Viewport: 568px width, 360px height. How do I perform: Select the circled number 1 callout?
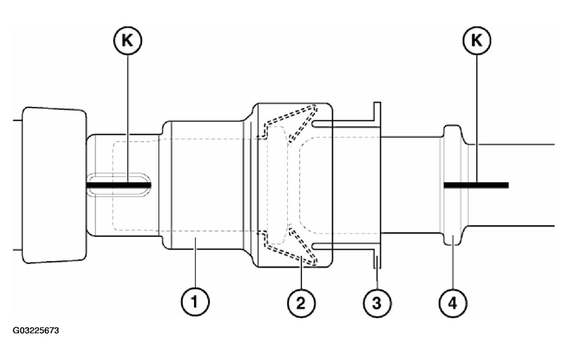click(x=195, y=300)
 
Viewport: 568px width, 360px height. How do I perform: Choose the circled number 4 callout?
click(x=453, y=300)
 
